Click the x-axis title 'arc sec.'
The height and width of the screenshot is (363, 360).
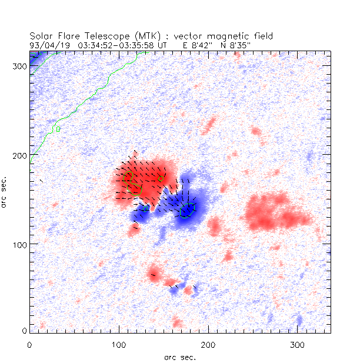pos(180,357)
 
